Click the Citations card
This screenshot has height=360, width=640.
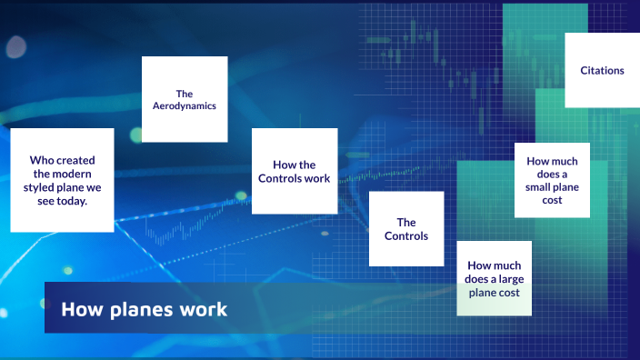click(x=602, y=70)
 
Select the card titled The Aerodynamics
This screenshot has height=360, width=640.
click(x=185, y=99)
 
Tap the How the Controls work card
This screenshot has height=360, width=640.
click(x=295, y=171)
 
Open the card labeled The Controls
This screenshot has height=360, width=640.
click(x=406, y=229)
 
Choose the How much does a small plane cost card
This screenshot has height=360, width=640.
click(x=552, y=180)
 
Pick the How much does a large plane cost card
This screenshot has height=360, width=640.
click(x=494, y=278)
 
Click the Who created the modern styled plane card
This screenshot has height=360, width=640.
click(x=62, y=180)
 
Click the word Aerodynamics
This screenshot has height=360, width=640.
click(x=185, y=106)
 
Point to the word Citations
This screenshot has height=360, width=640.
click(x=602, y=70)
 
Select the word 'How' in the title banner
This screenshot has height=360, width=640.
click(x=78, y=309)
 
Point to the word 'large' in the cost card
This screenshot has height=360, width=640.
click(x=515, y=279)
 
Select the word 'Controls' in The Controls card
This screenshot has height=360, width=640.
click(x=406, y=235)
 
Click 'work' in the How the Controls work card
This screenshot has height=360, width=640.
click(x=317, y=178)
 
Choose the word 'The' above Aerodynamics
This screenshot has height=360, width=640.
click(x=185, y=93)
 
